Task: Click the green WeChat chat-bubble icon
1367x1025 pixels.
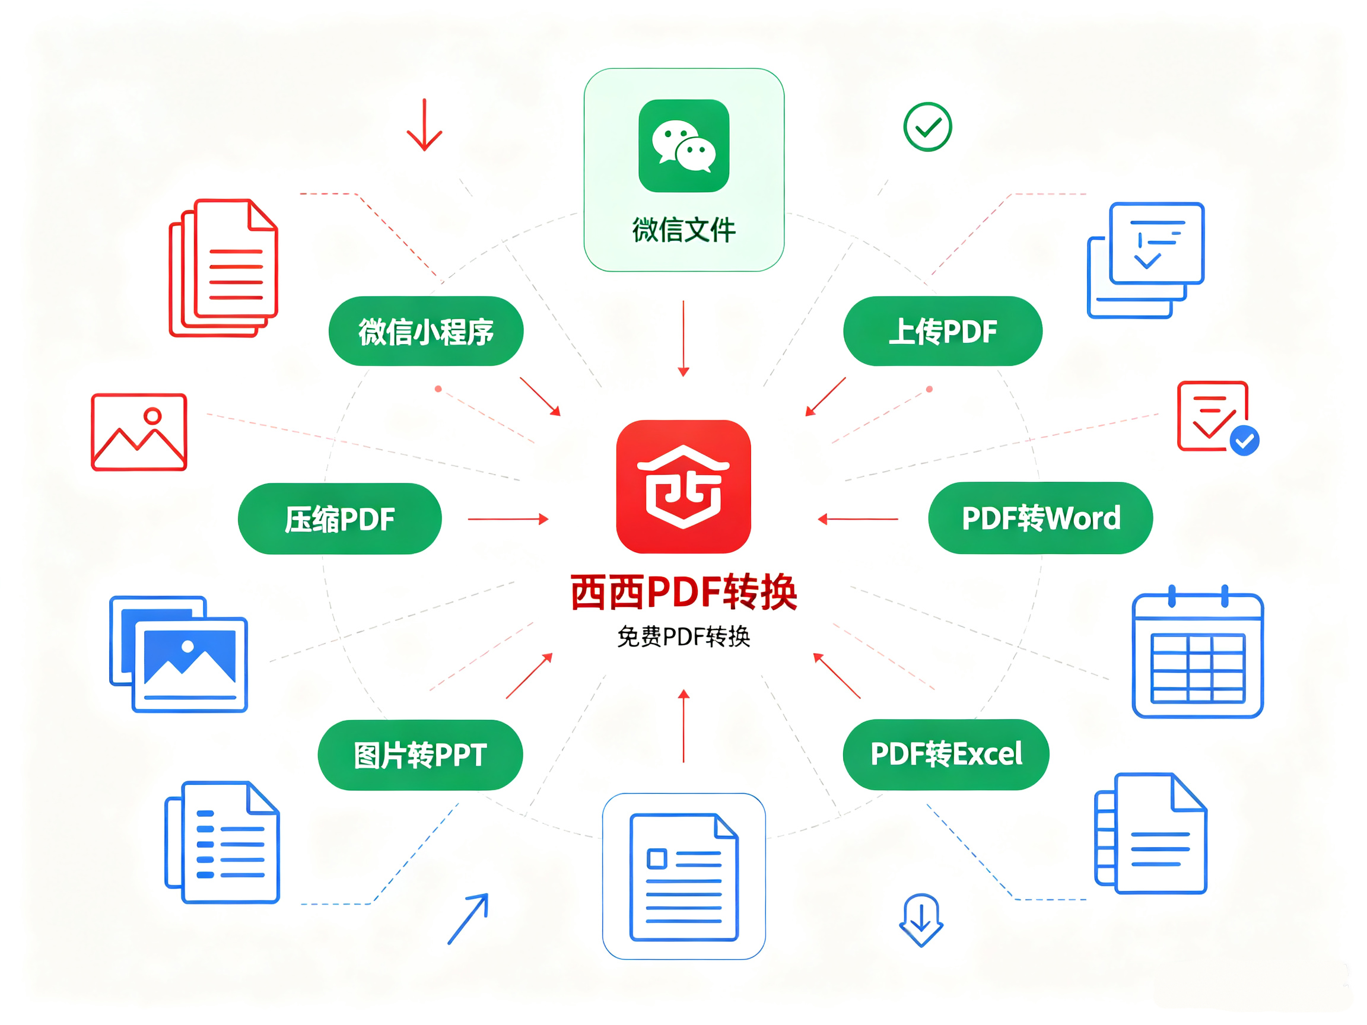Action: click(x=683, y=146)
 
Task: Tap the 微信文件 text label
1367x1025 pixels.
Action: click(x=683, y=230)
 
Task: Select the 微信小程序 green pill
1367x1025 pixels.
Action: click(x=426, y=331)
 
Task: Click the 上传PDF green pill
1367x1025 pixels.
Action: click(x=942, y=331)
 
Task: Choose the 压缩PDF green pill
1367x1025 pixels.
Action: click(x=340, y=518)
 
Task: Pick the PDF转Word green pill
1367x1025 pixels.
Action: click(x=1041, y=518)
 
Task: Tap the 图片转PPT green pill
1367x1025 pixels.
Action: click(x=420, y=755)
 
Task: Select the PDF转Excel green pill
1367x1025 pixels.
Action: click(x=946, y=754)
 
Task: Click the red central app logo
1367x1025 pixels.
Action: click(x=683, y=487)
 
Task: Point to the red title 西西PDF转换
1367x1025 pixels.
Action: click(x=683, y=592)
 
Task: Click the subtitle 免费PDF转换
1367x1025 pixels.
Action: click(x=683, y=636)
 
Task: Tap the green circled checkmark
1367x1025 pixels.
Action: click(x=927, y=127)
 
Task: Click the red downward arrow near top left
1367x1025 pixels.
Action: click(x=424, y=124)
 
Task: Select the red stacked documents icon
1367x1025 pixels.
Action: click(x=224, y=268)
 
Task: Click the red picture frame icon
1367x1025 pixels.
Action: click(x=139, y=432)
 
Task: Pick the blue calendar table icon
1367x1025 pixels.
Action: click(x=1198, y=652)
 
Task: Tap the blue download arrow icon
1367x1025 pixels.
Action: click(x=921, y=920)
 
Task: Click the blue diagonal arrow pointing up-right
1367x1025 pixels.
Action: click(x=468, y=919)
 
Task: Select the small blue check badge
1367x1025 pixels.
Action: click(x=1245, y=441)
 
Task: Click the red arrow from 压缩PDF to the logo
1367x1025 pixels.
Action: click(x=508, y=519)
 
